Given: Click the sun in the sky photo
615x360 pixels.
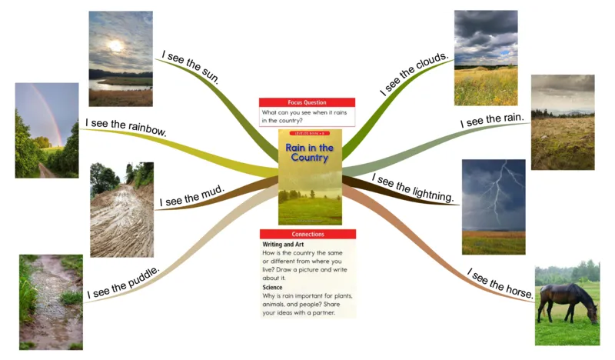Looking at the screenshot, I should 115,45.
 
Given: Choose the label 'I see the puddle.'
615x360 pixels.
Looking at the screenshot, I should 123,282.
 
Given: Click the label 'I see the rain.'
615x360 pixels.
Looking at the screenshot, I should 492,121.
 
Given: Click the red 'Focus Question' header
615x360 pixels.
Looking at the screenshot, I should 307,102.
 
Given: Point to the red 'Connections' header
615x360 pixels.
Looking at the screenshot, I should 307,234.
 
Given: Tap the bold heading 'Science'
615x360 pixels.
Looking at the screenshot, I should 273,288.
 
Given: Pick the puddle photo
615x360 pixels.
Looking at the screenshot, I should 51,302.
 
